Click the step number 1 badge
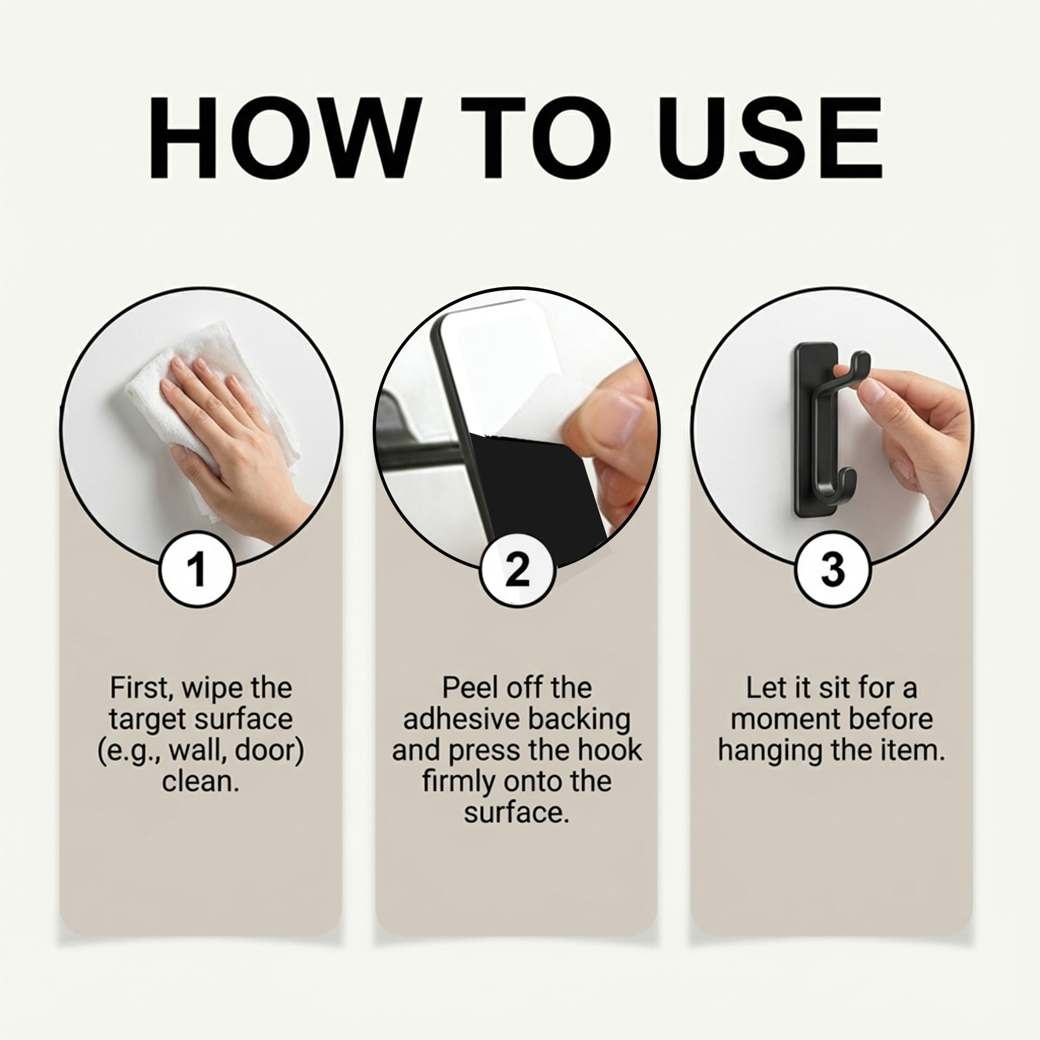[198, 569]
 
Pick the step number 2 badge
[517, 569]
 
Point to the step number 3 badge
[833, 569]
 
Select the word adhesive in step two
[460, 719]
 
